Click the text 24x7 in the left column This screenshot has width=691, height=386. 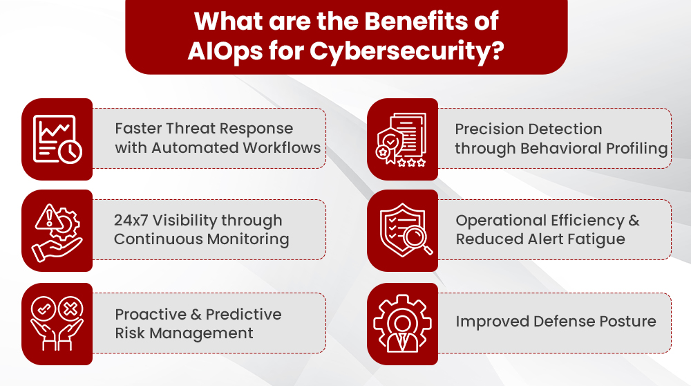click(131, 221)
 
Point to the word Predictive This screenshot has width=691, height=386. click(244, 314)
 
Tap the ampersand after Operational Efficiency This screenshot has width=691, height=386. click(634, 221)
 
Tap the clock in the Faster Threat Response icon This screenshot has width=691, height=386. click(70, 151)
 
